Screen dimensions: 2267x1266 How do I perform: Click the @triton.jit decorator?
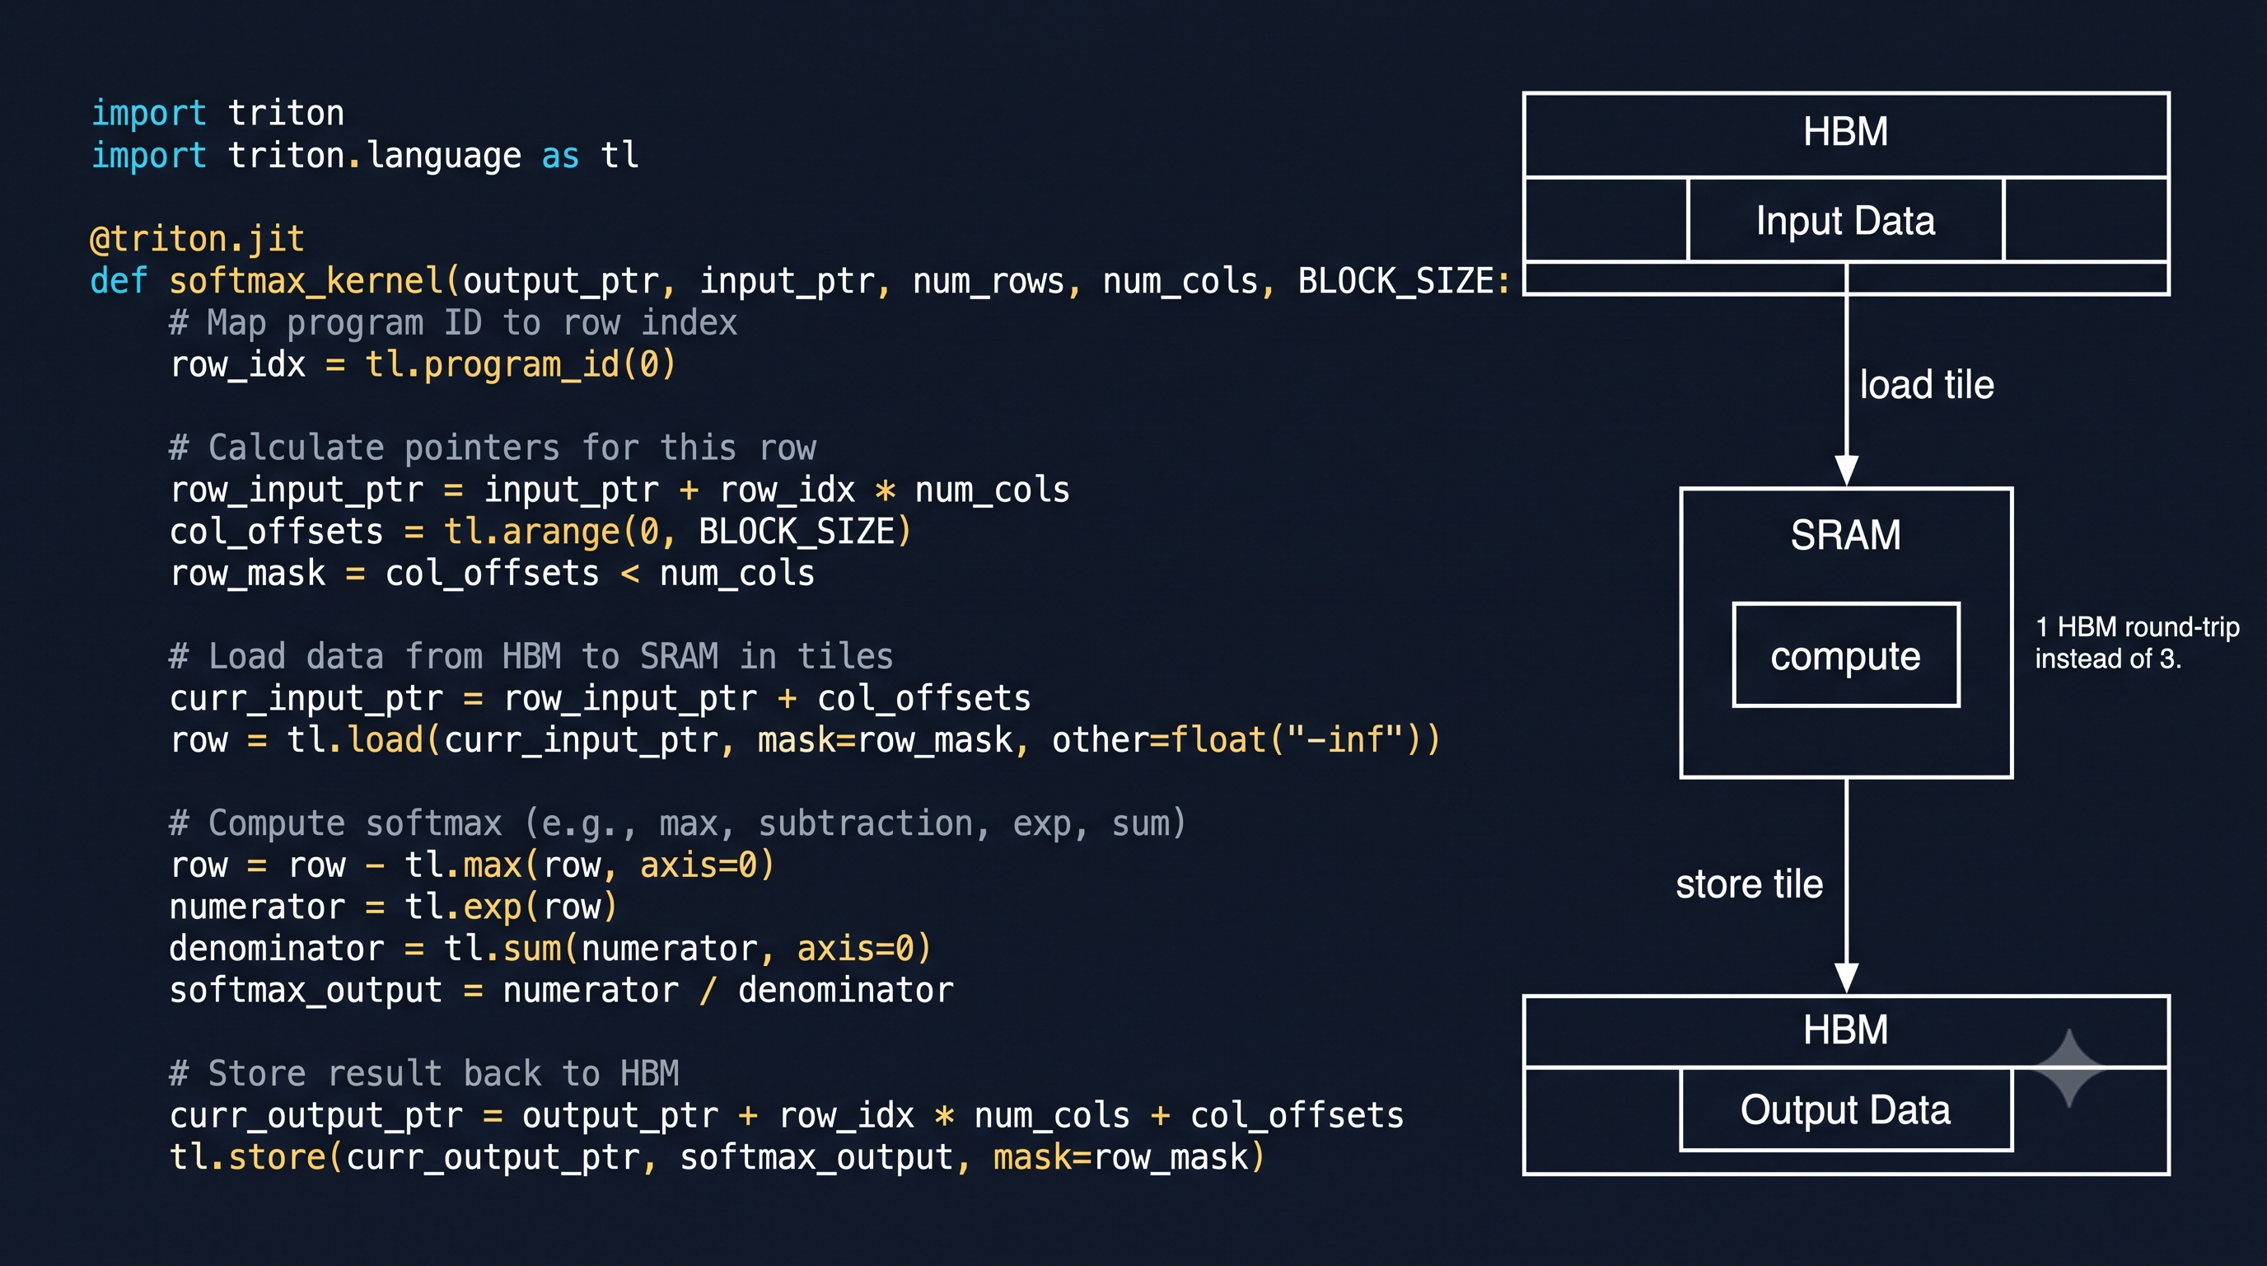point(197,238)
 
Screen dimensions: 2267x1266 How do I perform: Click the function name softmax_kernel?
point(306,281)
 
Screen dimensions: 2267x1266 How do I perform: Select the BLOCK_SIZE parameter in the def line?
point(1395,281)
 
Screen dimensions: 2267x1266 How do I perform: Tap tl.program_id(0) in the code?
point(520,364)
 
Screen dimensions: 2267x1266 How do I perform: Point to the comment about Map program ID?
point(453,323)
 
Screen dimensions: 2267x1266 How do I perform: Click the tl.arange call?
point(677,532)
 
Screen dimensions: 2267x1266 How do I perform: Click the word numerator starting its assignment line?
point(257,907)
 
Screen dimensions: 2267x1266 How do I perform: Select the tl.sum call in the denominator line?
point(686,948)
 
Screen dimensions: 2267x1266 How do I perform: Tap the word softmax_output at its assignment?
point(306,991)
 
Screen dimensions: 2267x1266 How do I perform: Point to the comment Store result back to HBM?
point(424,1073)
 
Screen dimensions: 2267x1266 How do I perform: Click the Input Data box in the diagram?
point(1845,220)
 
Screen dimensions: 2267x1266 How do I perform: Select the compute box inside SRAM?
point(1845,655)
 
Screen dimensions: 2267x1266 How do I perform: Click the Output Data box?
point(1845,1109)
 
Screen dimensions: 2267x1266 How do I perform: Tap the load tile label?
point(1927,385)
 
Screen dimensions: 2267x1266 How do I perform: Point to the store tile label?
point(1749,884)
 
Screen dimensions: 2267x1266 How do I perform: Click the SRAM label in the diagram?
point(1845,534)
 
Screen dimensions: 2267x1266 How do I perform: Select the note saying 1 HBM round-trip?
point(2137,643)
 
